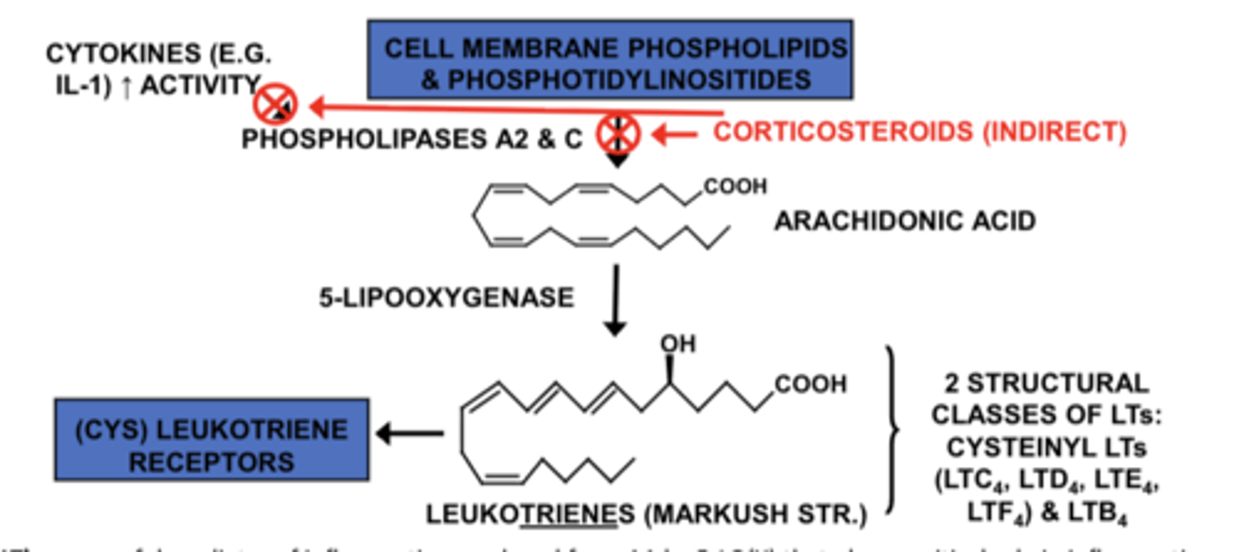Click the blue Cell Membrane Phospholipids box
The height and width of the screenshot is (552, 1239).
coord(610,59)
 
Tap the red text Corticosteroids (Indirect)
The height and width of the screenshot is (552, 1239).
coord(920,132)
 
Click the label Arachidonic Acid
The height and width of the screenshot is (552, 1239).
coord(904,221)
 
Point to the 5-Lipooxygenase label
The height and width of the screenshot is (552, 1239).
coord(446,297)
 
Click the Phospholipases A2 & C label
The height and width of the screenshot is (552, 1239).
coord(412,138)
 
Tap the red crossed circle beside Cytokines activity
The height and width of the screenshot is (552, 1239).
coord(275,105)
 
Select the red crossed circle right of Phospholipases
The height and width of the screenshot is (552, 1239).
coord(619,133)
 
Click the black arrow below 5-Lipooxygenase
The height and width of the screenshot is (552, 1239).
coord(614,301)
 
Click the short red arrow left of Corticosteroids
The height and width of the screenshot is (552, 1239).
coord(675,133)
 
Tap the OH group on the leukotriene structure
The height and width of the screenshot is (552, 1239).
coord(678,345)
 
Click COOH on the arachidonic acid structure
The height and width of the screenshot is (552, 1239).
coord(734,187)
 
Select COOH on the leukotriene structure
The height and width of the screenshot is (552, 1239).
coord(811,384)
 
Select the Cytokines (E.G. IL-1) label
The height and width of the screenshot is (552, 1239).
coord(158,69)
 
